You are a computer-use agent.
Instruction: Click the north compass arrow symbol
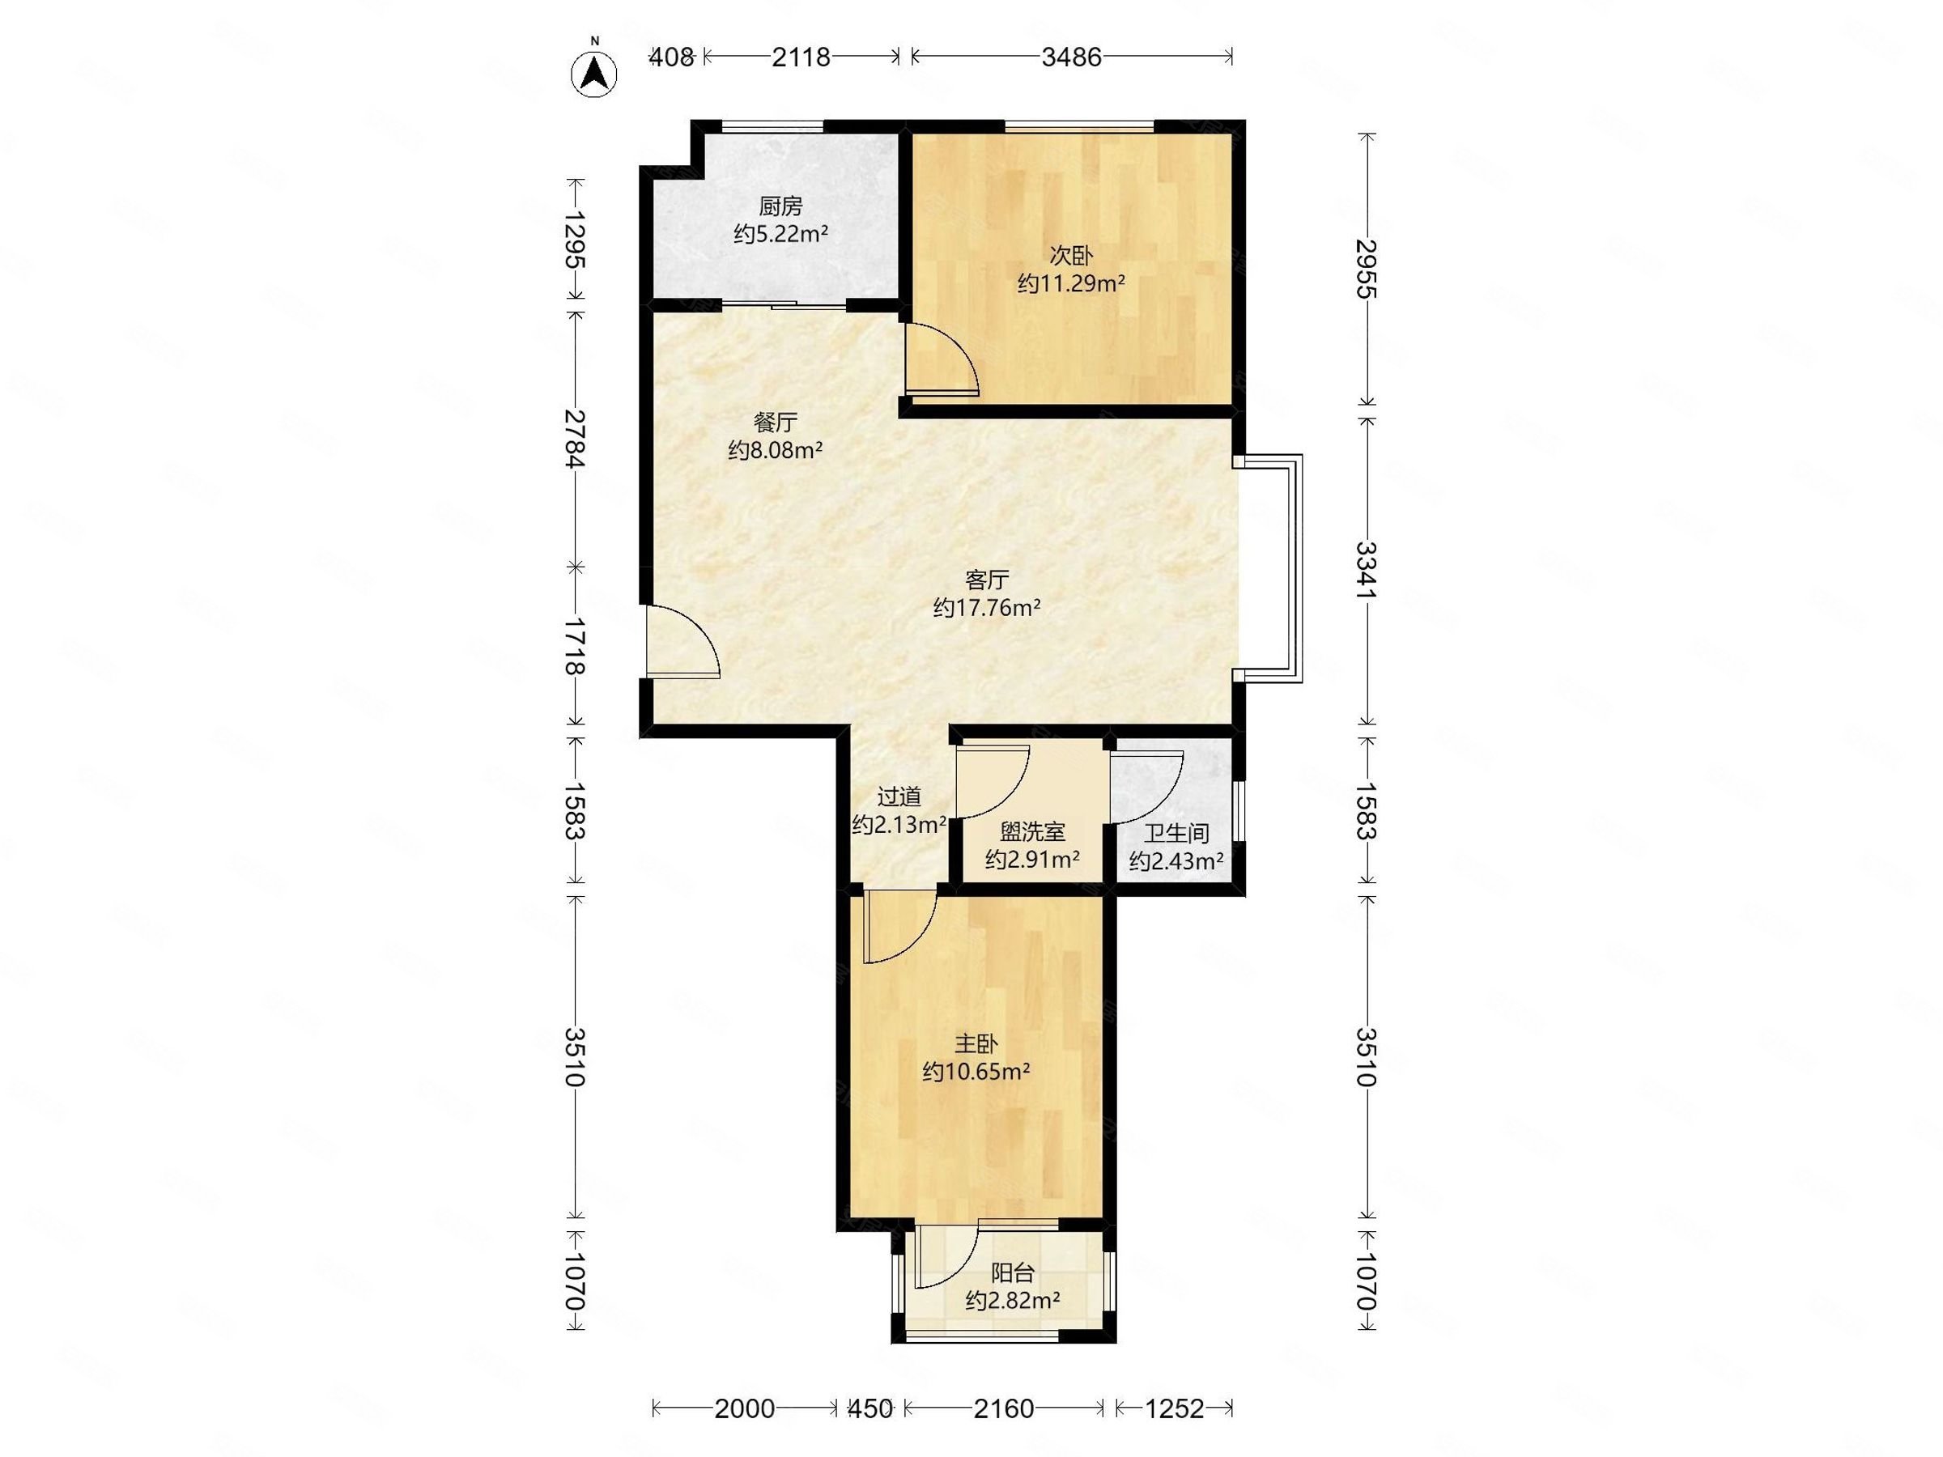[595, 74]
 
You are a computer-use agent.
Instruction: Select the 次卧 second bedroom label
[1072, 256]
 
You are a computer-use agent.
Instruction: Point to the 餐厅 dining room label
[776, 423]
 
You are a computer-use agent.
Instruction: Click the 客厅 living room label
[988, 580]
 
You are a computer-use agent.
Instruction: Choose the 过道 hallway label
[899, 796]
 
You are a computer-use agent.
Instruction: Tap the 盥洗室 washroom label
[1033, 830]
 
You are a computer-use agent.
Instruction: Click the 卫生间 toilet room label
[1176, 834]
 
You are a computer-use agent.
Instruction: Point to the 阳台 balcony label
[1013, 1272]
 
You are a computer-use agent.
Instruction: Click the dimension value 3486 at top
[1072, 57]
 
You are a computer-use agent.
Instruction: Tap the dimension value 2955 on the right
[1364, 268]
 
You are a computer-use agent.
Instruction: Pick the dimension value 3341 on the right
[1364, 571]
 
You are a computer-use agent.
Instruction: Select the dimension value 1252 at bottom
[1175, 1408]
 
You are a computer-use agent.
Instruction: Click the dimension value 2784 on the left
[576, 438]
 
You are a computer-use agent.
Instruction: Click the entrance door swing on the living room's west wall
[682, 641]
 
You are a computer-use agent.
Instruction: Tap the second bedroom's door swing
[942, 358]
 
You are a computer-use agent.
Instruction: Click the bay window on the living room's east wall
[1269, 568]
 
